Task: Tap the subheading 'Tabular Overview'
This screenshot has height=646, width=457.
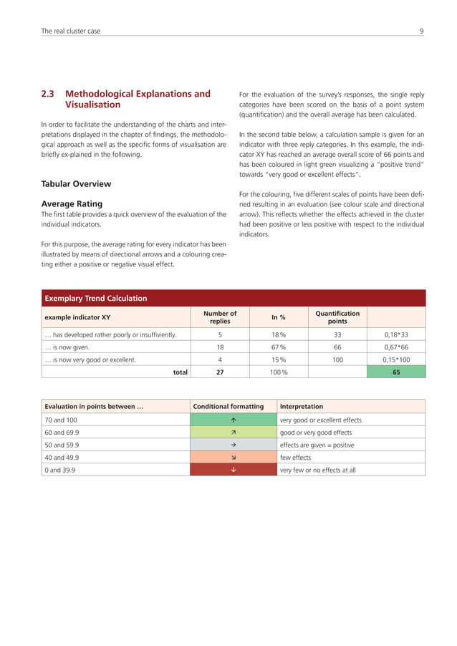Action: pyautogui.click(x=76, y=183)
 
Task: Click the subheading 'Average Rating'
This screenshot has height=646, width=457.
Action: pyautogui.click(x=72, y=203)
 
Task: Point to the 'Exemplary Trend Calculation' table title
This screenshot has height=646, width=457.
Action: pyautogui.click(x=96, y=298)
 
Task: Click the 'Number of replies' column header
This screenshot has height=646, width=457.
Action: pyautogui.click(x=220, y=317)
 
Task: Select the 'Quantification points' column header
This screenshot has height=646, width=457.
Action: pyautogui.click(x=337, y=317)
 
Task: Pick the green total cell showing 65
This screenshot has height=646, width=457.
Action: pyautogui.click(x=396, y=372)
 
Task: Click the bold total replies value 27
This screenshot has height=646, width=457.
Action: pyautogui.click(x=220, y=372)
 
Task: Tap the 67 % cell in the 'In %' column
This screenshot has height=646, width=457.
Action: pyautogui.click(x=279, y=347)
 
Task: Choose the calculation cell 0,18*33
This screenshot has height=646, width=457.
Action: pyautogui.click(x=396, y=334)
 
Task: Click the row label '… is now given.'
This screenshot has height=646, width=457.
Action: pyautogui.click(x=67, y=347)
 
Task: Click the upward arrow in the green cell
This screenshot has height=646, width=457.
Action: pyautogui.click(x=234, y=420)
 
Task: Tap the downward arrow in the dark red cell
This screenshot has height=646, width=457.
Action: pyautogui.click(x=234, y=470)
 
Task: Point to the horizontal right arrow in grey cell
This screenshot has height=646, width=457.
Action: pyautogui.click(x=234, y=445)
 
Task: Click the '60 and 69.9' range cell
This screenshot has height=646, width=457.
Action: pyautogui.click(x=61, y=433)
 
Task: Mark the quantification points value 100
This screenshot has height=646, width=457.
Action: pyautogui.click(x=337, y=360)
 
